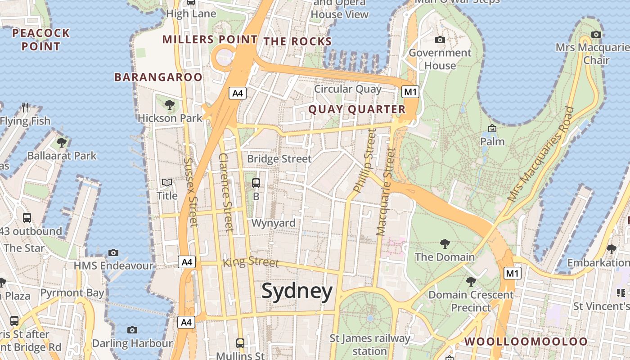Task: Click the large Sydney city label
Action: pos(297,291)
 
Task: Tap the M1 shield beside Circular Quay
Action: pos(410,92)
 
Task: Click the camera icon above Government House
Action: pos(440,40)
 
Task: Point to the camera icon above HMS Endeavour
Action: pos(113,252)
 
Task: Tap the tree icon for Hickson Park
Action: pos(170,105)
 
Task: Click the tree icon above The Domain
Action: pos(445,244)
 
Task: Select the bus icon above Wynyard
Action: pos(256,183)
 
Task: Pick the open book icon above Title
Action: pos(167,183)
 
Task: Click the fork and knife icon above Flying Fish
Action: pos(25,108)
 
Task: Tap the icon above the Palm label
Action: pos(492,129)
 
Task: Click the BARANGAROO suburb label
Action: pos(158,77)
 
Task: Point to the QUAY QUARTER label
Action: pos(357,109)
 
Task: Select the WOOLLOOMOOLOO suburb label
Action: pos(526,342)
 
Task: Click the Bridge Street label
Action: pos(279,159)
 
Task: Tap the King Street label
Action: pos(251,262)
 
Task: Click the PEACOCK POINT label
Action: pos(41,40)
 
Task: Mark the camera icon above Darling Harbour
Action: pos(132,330)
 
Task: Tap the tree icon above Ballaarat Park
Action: pos(62,143)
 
